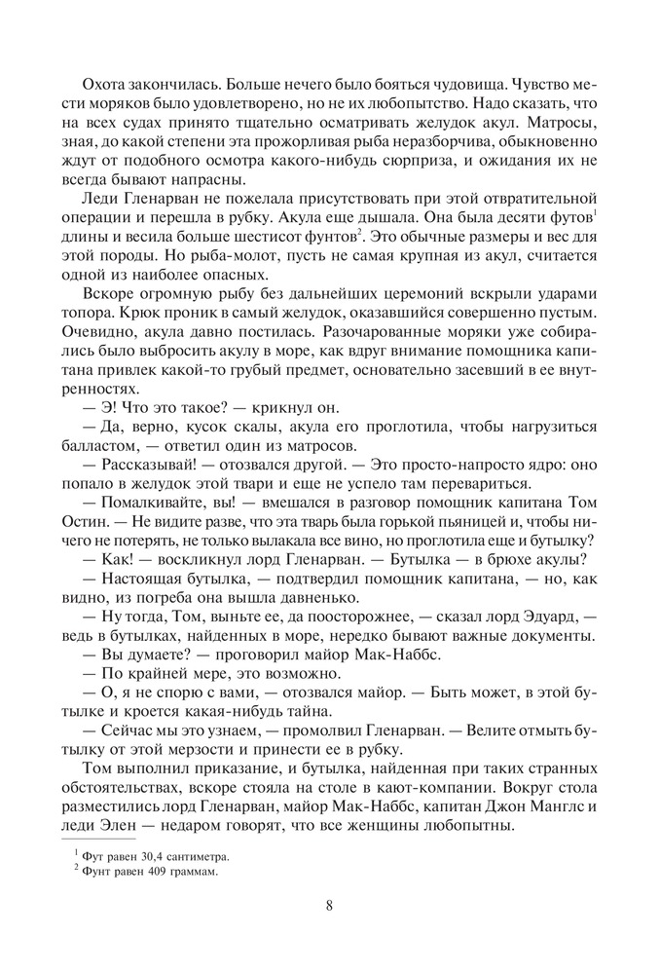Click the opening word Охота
point(105,56)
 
